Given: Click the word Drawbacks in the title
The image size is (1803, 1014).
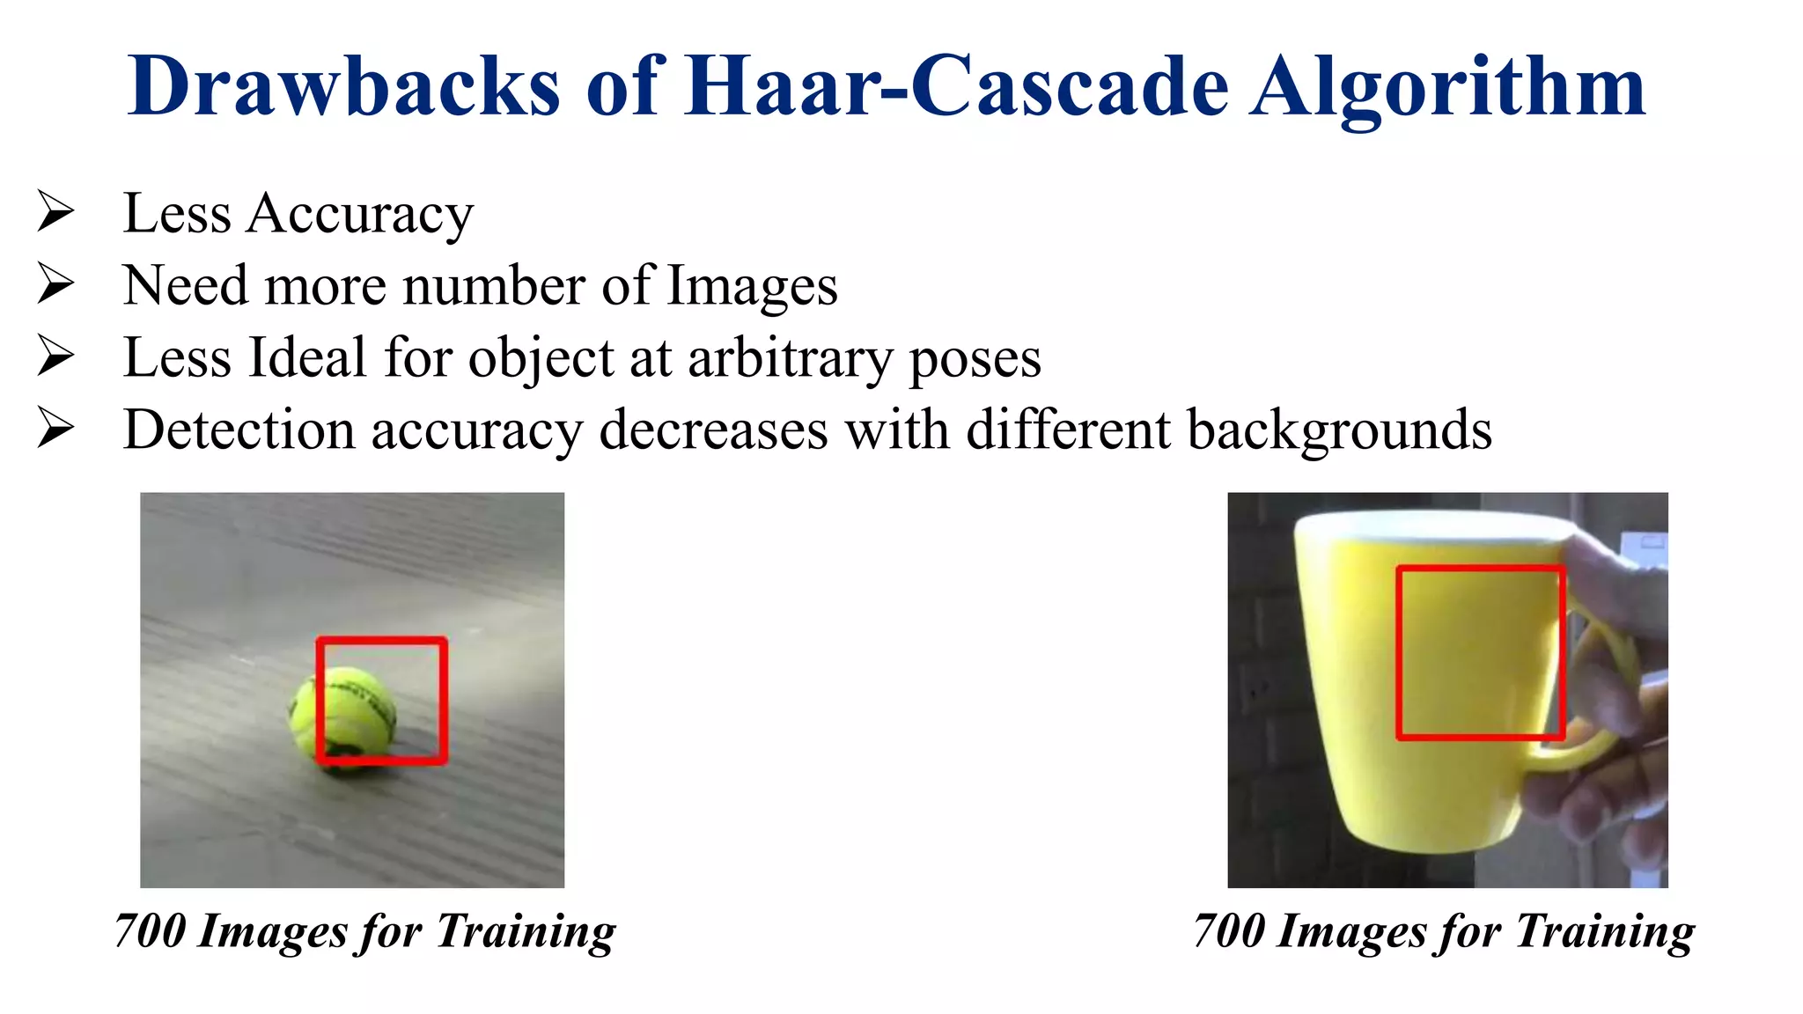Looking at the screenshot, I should (343, 86).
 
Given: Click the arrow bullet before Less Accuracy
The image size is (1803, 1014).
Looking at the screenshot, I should (55, 212).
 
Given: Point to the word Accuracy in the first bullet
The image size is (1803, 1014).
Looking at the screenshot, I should (359, 215).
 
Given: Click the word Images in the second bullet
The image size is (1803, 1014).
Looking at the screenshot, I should (752, 287).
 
